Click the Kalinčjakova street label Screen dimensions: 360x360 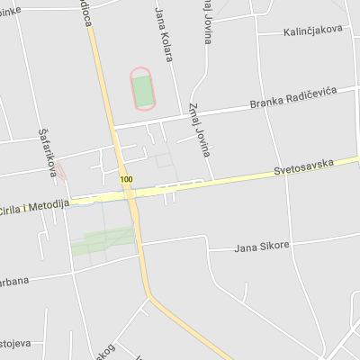click(x=312, y=30)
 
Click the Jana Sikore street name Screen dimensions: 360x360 click(x=261, y=245)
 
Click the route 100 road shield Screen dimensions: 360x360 click(x=125, y=180)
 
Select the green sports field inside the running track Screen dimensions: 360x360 click(x=142, y=89)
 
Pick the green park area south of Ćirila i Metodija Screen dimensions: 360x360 click(x=108, y=239)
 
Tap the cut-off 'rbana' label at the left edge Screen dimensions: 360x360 click(x=13, y=281)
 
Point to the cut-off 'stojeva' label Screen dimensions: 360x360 click(x=15, y=343)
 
